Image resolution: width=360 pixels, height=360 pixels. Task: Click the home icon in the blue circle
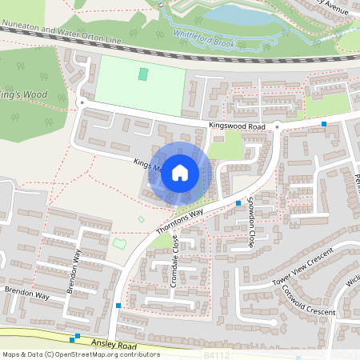(180, 173)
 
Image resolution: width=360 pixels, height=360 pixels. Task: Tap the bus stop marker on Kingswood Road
(324, 124)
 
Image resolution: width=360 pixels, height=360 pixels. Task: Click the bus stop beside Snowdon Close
(238, 203)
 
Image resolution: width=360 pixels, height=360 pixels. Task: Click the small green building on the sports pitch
(143, 74)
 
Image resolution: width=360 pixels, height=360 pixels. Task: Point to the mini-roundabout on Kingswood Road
(276, 126)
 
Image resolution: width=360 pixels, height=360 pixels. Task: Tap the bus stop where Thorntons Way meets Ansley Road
(118, 306)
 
